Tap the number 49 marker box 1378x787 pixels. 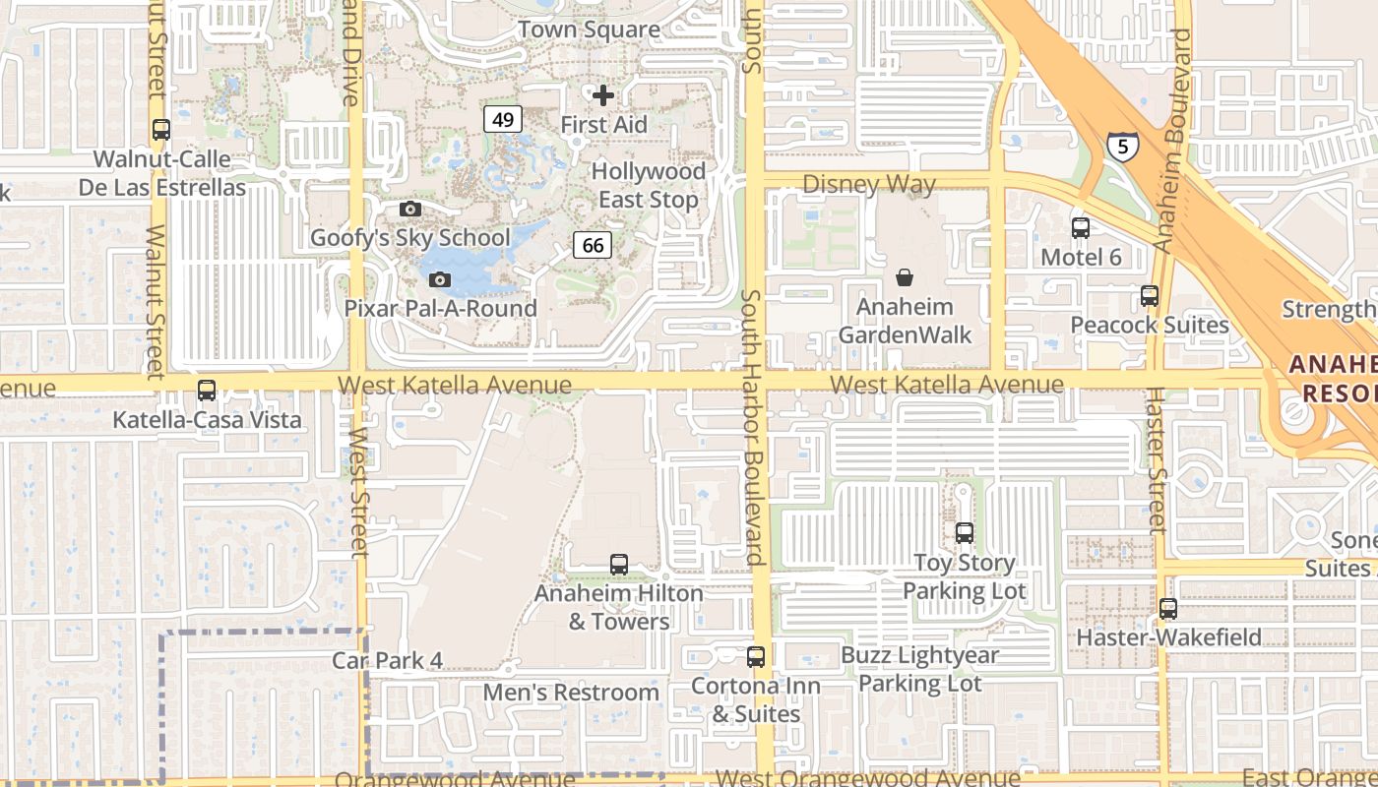502,120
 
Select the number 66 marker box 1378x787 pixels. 593,245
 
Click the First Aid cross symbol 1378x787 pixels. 603,95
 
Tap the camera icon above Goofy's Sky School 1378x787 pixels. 410,209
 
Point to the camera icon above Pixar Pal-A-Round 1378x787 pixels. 440,279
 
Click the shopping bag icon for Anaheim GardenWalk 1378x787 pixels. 904,278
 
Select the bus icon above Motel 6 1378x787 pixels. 1081,228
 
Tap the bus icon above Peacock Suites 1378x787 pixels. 1149,296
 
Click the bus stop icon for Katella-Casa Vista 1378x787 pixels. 207,391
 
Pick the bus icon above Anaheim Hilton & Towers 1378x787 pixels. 619,565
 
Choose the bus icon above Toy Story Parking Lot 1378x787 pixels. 965,533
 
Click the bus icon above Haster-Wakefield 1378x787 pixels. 1168,609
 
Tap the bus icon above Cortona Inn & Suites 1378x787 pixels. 756,657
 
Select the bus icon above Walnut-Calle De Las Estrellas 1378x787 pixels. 161,130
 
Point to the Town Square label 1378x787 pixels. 589,30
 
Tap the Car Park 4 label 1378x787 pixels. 387,660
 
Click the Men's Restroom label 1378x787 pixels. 571,693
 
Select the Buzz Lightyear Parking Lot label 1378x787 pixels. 919,669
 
